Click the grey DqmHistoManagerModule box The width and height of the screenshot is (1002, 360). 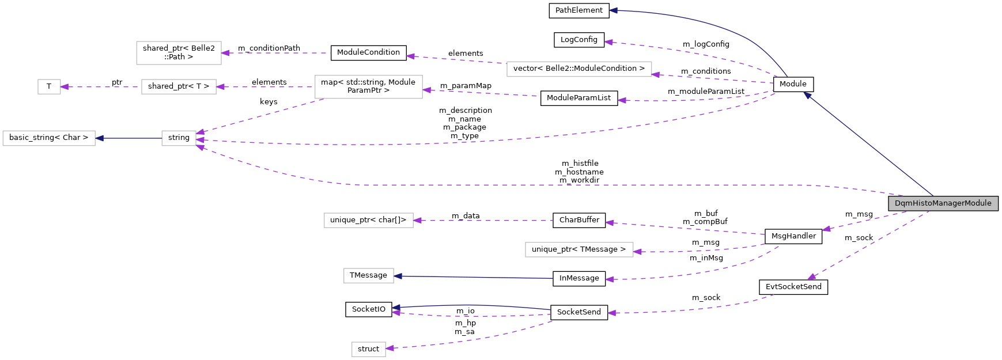click(x=943, y=203)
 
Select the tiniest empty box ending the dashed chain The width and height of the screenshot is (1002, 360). click(x=49, y=87)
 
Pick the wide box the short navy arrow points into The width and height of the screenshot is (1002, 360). click(x=49, y=138)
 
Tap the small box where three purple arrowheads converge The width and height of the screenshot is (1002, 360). click(x=179, y=138)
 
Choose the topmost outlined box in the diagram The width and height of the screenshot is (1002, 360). click(x=179, y=53)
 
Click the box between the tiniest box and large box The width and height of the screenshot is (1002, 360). click(x=179, y=87)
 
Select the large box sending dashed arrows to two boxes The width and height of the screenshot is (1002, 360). click(x=369, y=87)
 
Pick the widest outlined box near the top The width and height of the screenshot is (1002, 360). click(x=579, y=69)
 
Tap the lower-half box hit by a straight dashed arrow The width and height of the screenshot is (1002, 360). click(x=369, y=221)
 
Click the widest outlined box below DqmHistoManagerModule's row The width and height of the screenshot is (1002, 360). click(x=579, y=249)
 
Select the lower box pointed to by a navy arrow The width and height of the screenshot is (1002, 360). click(x=369, y=276)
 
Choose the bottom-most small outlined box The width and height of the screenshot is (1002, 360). click(x=369, y=349)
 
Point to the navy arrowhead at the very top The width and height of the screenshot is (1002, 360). click(x=614, y=10)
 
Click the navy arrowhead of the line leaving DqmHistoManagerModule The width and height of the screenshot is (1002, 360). click(x=807, y=95)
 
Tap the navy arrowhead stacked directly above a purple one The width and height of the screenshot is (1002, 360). click(x=396, y=308)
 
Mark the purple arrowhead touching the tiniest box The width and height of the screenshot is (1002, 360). click(x=65, y=87)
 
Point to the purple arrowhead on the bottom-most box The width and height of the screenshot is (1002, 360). click(x=390, y=348)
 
